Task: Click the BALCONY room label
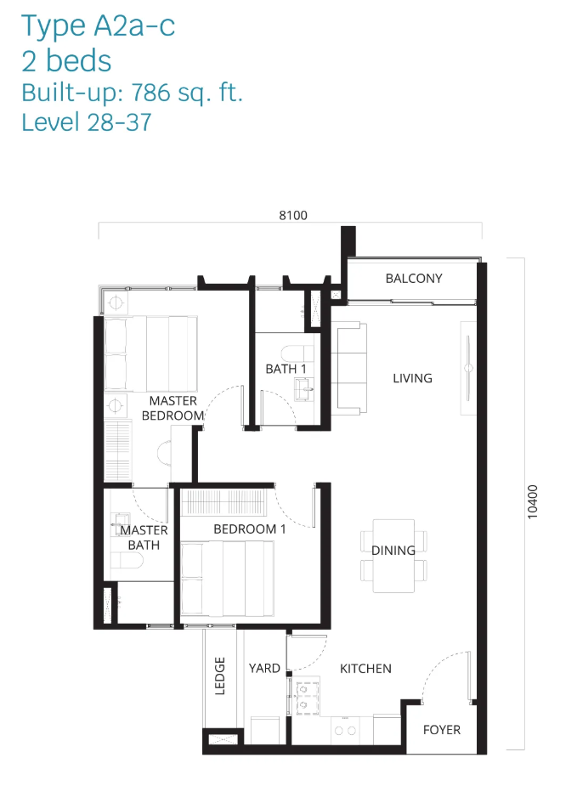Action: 414,278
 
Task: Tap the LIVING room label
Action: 412,378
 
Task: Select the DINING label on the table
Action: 393,551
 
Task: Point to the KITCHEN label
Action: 365,668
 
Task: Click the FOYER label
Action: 442,730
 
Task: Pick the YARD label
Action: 264,668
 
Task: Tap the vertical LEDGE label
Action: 219,676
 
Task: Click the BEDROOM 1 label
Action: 250,529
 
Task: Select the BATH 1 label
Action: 286,369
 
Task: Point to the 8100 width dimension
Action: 293,215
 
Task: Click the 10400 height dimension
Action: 532,502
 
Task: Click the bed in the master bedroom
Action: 150,353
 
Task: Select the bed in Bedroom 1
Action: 228,578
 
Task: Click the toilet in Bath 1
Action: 297,353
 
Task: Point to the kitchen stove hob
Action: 306,698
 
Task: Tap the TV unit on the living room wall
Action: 468,369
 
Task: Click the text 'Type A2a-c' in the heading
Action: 99,26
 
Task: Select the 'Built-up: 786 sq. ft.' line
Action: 132,93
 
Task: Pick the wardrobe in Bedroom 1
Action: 223,502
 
